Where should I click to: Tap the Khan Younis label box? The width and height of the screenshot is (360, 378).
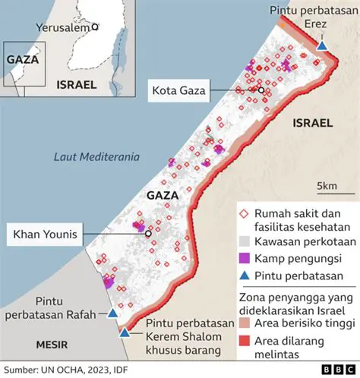44,234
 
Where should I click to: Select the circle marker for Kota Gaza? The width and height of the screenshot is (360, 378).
261,90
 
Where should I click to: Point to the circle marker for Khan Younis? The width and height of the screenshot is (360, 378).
148,234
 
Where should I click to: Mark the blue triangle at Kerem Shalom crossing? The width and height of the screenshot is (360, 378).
125,332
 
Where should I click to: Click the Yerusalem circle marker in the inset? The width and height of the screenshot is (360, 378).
95,27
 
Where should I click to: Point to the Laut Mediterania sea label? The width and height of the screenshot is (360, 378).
96,157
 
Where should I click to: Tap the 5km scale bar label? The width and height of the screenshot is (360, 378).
327,186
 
